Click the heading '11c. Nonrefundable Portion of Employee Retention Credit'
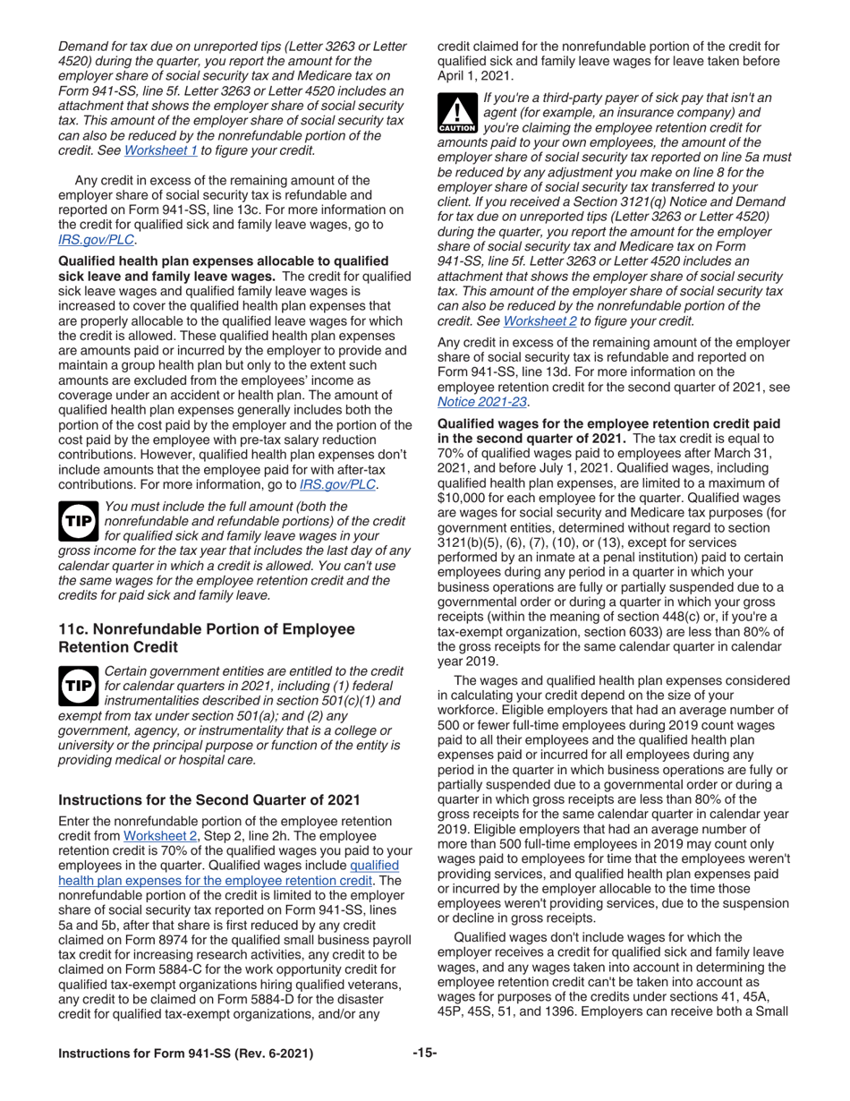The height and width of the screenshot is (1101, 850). [206, 637]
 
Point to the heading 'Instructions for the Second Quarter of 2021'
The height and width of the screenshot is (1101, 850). [208, 799]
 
